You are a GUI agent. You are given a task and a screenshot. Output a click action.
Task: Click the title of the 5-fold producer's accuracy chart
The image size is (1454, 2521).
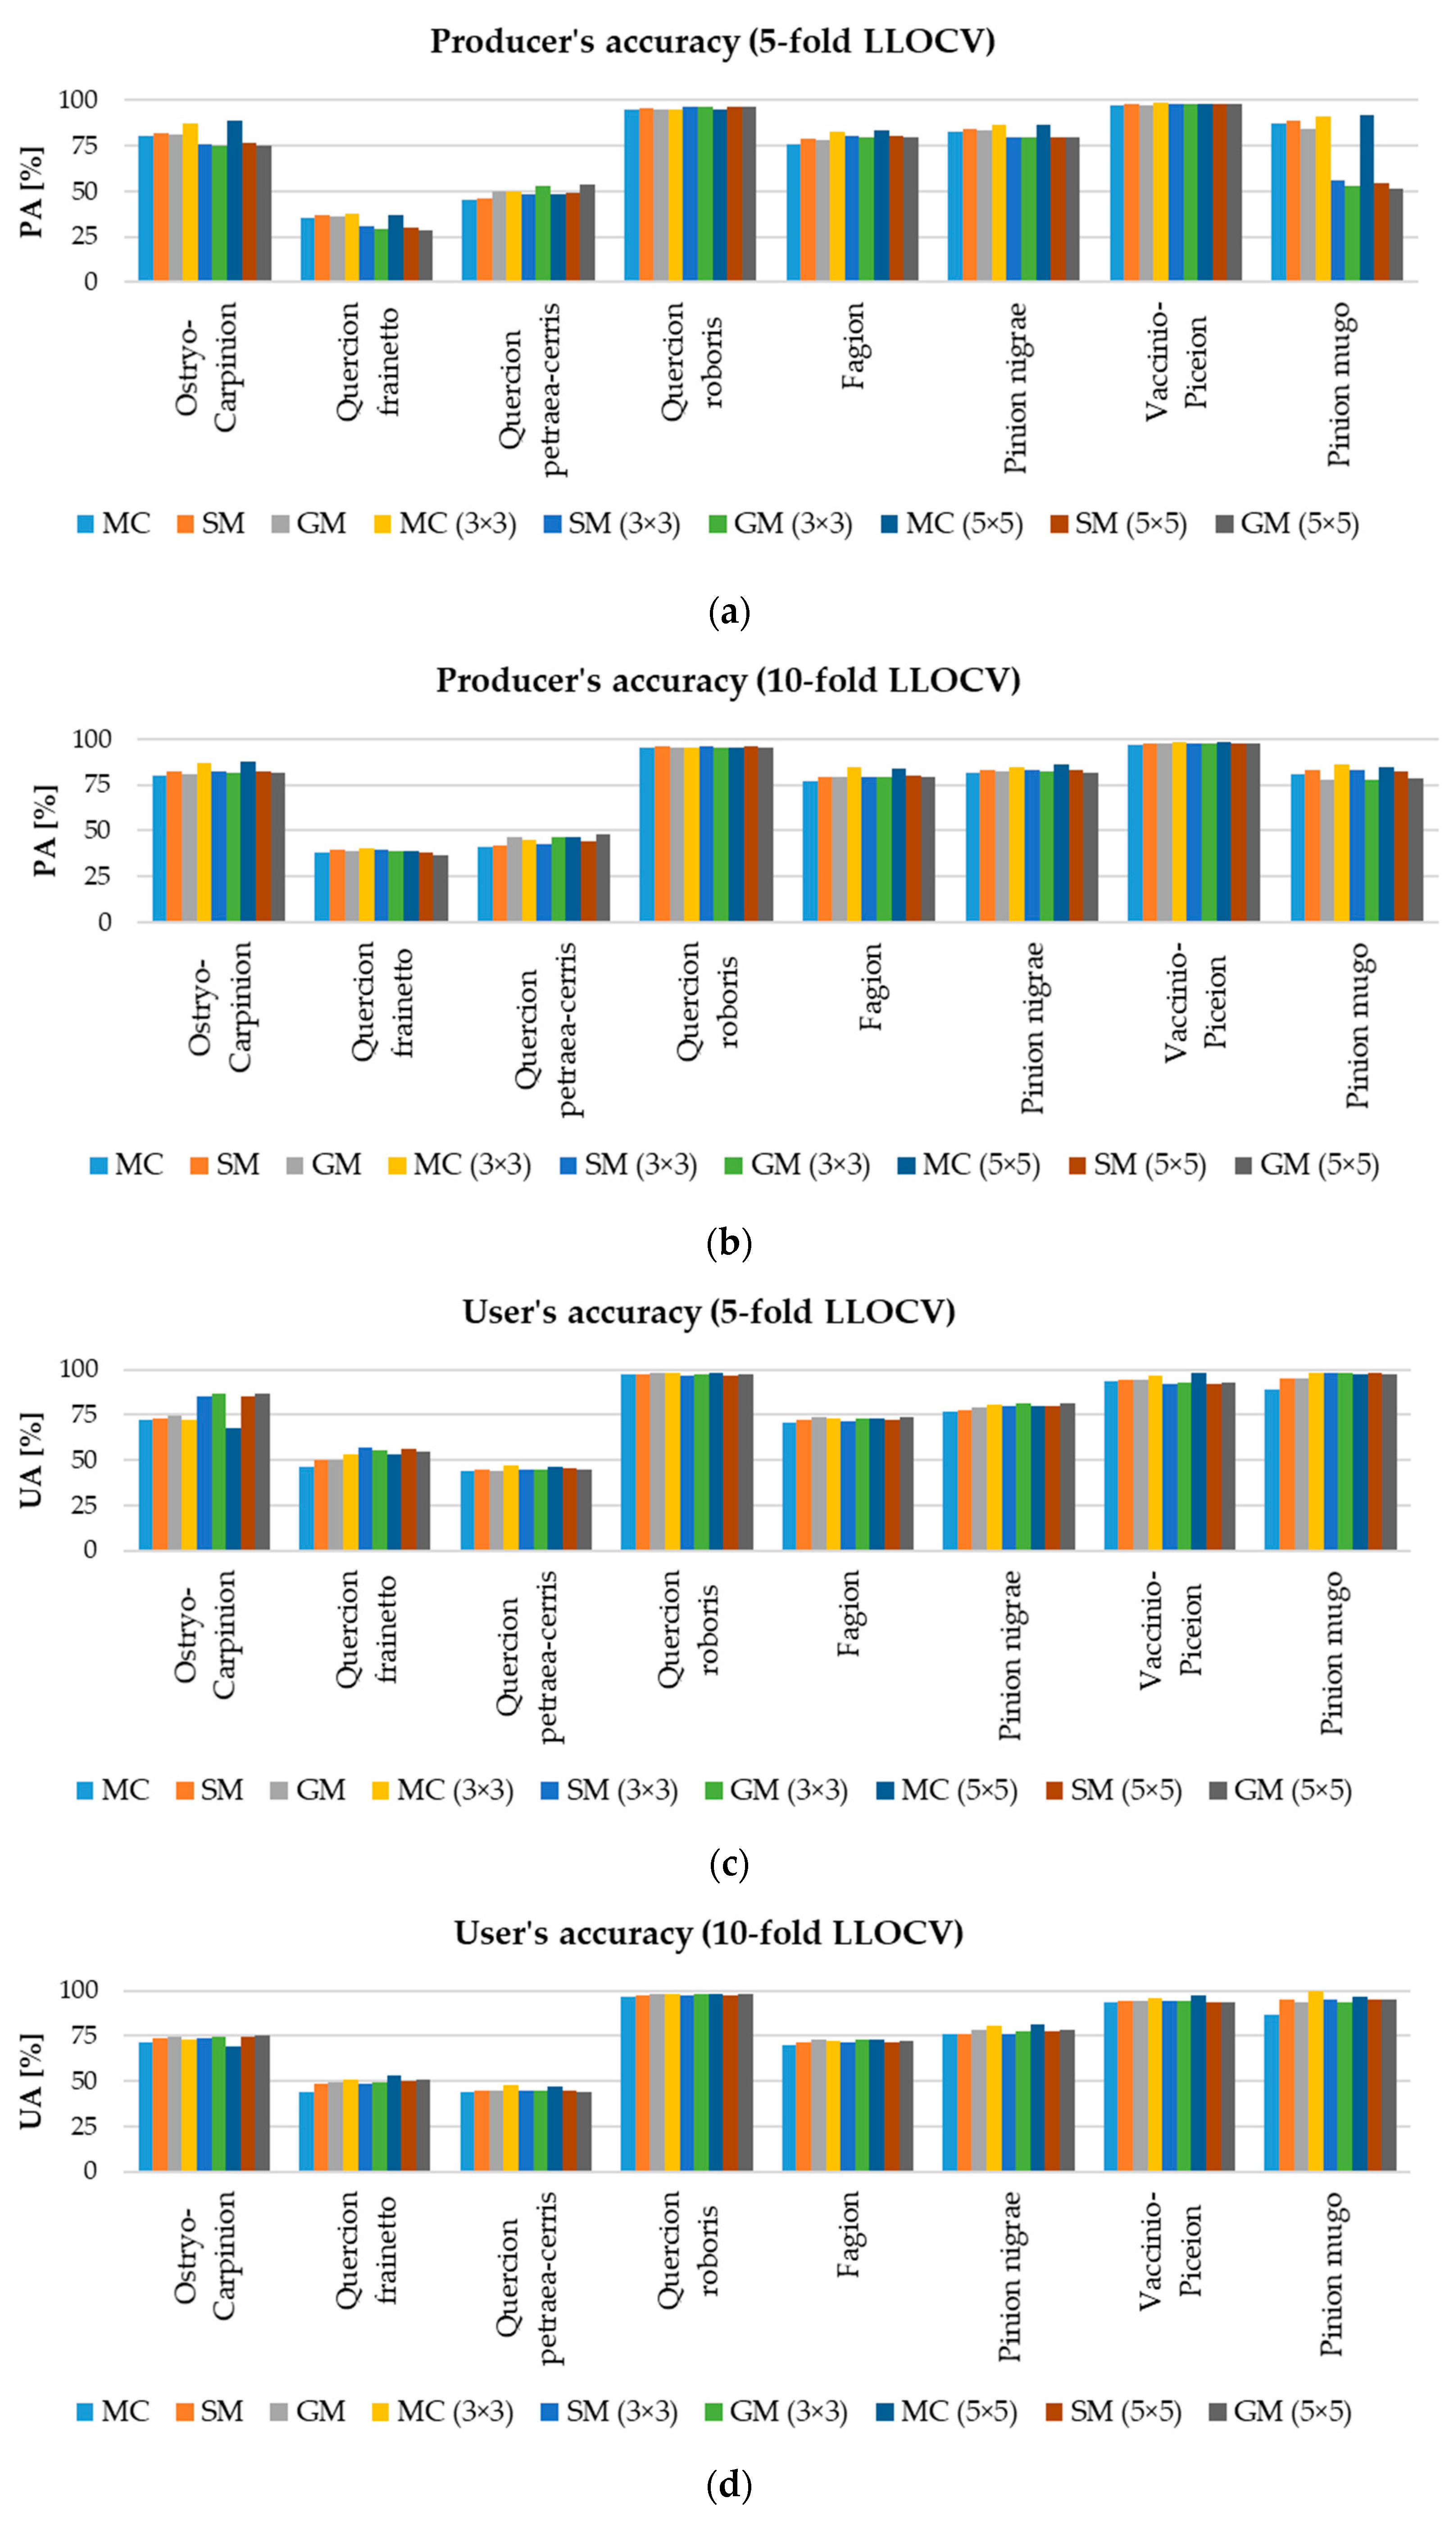pyautogui.click(x=712, y=42)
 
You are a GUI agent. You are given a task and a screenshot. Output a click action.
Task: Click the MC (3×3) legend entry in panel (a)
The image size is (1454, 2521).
pyautogui.click(x=446, y=524)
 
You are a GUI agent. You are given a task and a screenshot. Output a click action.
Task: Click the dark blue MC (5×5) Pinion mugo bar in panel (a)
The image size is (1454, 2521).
pyautogui.click(x=1366, y=198)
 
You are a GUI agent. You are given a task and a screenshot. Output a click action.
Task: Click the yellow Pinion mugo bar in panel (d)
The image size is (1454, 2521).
pyautogui.click(x=1315, y=2082)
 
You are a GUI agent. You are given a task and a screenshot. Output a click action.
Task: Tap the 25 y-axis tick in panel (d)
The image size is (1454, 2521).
pyautogui.click(x=84, y=2125)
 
